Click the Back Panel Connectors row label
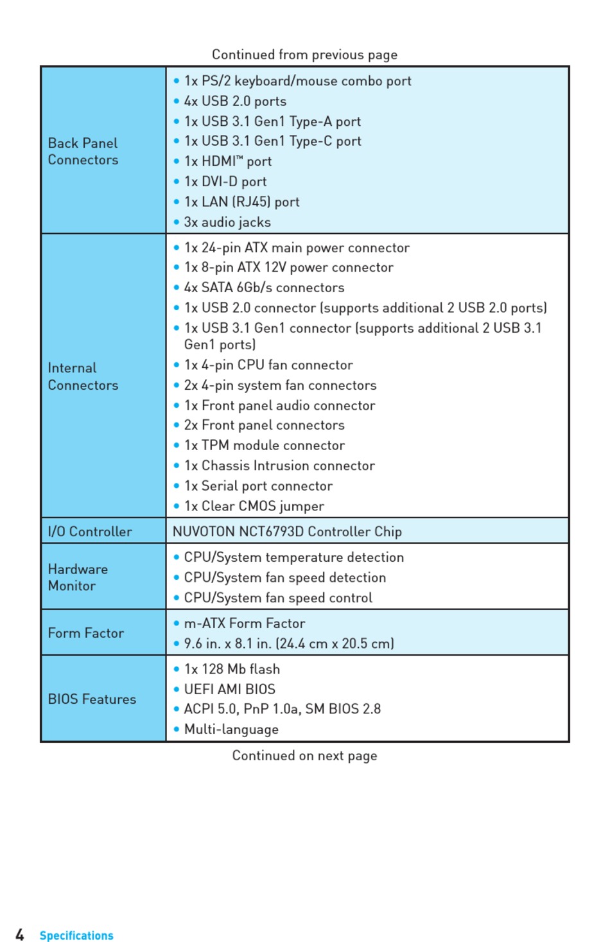coord(83,152)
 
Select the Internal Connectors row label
coord(83,376)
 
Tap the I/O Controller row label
coord(90,532)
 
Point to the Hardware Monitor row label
coord(78,577)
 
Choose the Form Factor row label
coord(85,633)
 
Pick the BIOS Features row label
coord(92,699)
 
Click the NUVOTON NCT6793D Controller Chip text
coord(287,532)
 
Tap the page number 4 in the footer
coord(20,935)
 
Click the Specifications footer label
coord(76,936)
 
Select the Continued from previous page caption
coord(304,55)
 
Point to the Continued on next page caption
coord(304,756)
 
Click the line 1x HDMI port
coord(228,161)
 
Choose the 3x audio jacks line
coord(227,222)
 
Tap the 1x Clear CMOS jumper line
coord(254,506)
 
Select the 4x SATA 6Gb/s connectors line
coord(264,288)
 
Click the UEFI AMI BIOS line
coord(229,689)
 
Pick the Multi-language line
coord(231,729)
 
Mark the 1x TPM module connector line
coord(264,446)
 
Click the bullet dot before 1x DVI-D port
coord(177,182)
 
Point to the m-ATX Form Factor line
coord(244,624)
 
